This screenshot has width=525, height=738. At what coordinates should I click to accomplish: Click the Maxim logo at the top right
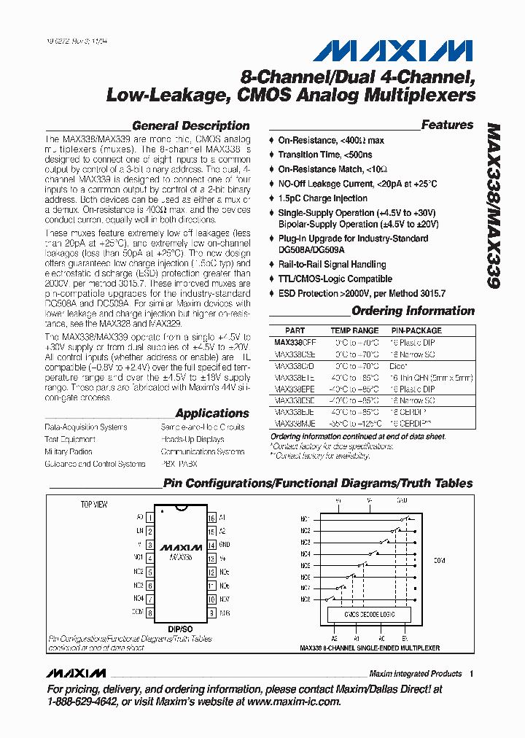[x=394, y=50]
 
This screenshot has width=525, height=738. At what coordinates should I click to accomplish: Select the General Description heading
[x=190, y=125]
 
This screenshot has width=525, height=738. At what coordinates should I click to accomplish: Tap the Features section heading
[x=447, y=125]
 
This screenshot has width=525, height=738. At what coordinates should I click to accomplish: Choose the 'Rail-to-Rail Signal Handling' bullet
[x=332, y=264]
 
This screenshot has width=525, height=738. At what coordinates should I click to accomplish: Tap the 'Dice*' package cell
[x=398, y=366]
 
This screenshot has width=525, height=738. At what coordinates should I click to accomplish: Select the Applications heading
[x=211, y=413]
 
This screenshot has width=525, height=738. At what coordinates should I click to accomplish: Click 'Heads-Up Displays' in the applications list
[x=193, y=440]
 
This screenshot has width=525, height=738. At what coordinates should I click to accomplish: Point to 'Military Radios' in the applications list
[x=69, y=452]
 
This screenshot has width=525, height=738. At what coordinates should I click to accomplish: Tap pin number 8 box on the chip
[x=149, y=613]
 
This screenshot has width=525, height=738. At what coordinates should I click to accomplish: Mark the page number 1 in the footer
[x=472, y=674]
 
